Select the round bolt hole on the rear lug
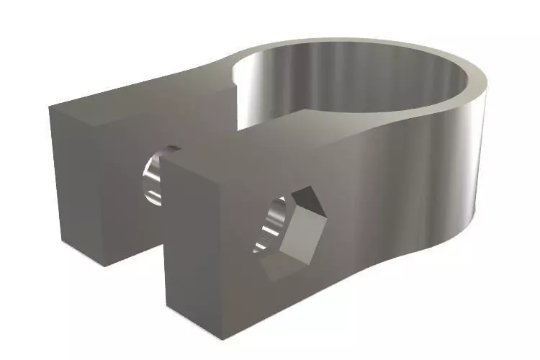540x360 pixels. pos(154,177)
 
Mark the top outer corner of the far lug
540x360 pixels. pos(50,107)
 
